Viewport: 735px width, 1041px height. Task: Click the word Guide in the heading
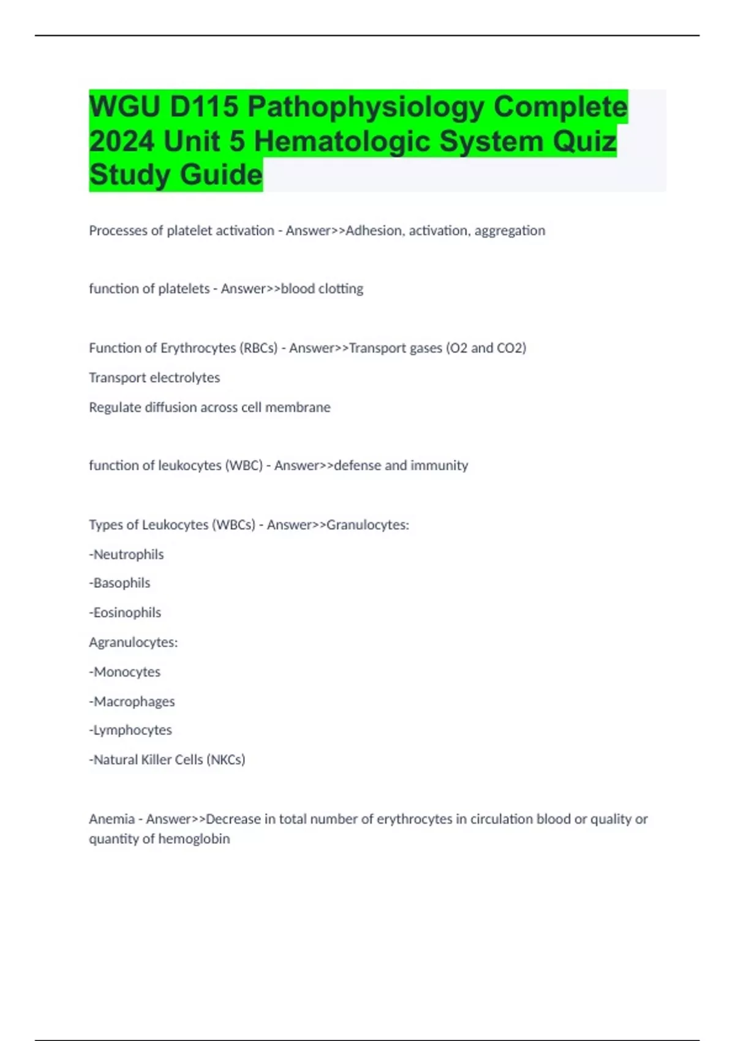coord(221,175)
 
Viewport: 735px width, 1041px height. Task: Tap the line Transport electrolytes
coord(154,378)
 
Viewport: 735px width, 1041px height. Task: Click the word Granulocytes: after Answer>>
coord(367,525)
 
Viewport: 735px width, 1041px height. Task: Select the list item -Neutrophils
coord(127,555)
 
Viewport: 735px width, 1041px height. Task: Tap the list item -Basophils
coord(120,583)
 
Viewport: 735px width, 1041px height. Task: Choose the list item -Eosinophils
coord(126,612)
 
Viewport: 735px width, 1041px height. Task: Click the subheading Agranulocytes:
coord(134,642)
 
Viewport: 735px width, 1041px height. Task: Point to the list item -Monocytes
coord(125,672)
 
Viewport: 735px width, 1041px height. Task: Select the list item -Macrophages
coord(132,701)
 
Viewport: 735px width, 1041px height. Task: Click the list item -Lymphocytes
coord(130,730)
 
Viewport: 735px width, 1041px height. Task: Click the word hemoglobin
coord(194,839)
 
